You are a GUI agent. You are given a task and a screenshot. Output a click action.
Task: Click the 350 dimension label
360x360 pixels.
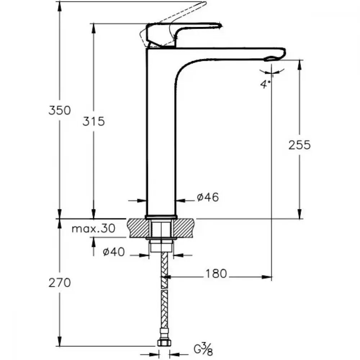pyautogui.click(x=60, y=111)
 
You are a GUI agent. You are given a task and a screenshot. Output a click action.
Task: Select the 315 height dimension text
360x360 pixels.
pyautogui.click(x=94, y=121)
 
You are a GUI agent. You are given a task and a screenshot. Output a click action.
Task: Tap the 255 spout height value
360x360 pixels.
pyautogui.click(x=300, y=145)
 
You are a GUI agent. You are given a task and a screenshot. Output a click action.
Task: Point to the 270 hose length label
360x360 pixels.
pyautogui.click(x=60, y=283)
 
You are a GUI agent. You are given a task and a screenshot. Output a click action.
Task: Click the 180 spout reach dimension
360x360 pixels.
pyautogui.click(x=216, y=274)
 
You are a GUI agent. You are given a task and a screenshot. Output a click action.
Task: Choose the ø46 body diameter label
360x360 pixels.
pyautogui.click(x=208, y=197)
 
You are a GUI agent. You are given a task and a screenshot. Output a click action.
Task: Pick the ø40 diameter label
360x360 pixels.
pyautogui.click(x=114, y=252)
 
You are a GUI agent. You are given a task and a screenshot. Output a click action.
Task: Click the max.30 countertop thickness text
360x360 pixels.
pyautogui.click(x=94, y=229)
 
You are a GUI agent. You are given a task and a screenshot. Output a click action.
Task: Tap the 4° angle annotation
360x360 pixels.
pyautogui.click(x=265, y=84)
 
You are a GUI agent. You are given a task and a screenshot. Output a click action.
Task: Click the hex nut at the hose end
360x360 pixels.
pyautogui.click(x=164, y=343)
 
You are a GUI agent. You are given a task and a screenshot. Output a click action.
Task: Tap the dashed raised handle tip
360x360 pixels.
pyautogui.click(x=204, y=4)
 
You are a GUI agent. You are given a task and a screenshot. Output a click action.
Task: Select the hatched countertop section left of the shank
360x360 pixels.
pyautogui.click(x=139, y=228)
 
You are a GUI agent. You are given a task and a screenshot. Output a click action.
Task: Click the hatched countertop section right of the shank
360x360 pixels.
pyautogui.click(x=183, y=228)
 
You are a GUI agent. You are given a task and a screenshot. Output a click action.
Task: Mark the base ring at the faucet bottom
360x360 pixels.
pyautogui.click(x=161, y=217)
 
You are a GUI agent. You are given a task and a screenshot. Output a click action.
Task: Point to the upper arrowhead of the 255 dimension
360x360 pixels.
pyautogui.click(x=300, y=65)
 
